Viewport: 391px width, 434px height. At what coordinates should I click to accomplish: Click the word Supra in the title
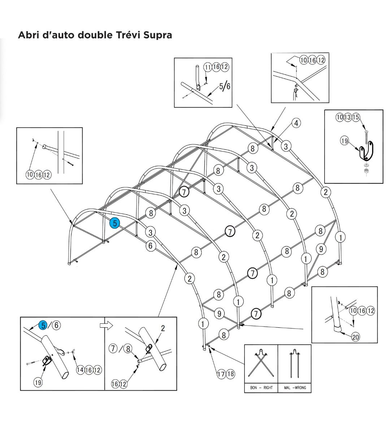pos(156,35)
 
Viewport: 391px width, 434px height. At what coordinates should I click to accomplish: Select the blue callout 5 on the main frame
pos(115,223)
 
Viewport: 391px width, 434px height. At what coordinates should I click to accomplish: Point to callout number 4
pos(296,123)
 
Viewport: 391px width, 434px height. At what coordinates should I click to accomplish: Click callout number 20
pos(356,337)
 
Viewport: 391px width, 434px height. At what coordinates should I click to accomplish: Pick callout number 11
pos(208,67)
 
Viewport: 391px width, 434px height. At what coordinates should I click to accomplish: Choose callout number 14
pos(80,370)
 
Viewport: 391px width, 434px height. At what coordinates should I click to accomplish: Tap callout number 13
pos(348,117)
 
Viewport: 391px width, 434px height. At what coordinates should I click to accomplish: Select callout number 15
pos(356,117)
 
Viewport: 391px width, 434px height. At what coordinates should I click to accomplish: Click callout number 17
pos(221,374)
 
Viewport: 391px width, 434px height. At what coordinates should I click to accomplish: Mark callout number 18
pos(230,374)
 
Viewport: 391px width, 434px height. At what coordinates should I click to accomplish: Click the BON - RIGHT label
pos(261,388)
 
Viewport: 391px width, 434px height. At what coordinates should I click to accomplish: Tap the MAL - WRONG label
pos(295,388)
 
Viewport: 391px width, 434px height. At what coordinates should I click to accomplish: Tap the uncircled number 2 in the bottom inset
pos(163,328)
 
